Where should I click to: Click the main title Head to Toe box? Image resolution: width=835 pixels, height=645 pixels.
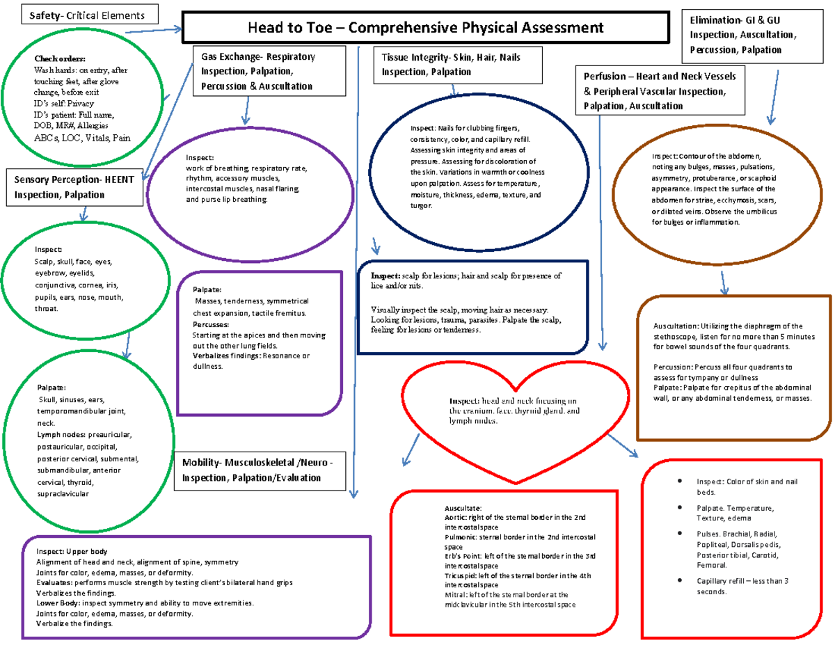[x=426, y=29]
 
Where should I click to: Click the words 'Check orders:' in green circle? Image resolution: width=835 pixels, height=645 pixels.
[x=59, y=58]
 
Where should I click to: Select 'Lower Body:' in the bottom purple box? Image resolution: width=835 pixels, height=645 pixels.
[x=58, y=603]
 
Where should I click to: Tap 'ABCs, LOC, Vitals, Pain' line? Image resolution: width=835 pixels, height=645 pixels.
[x=81, y=138]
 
